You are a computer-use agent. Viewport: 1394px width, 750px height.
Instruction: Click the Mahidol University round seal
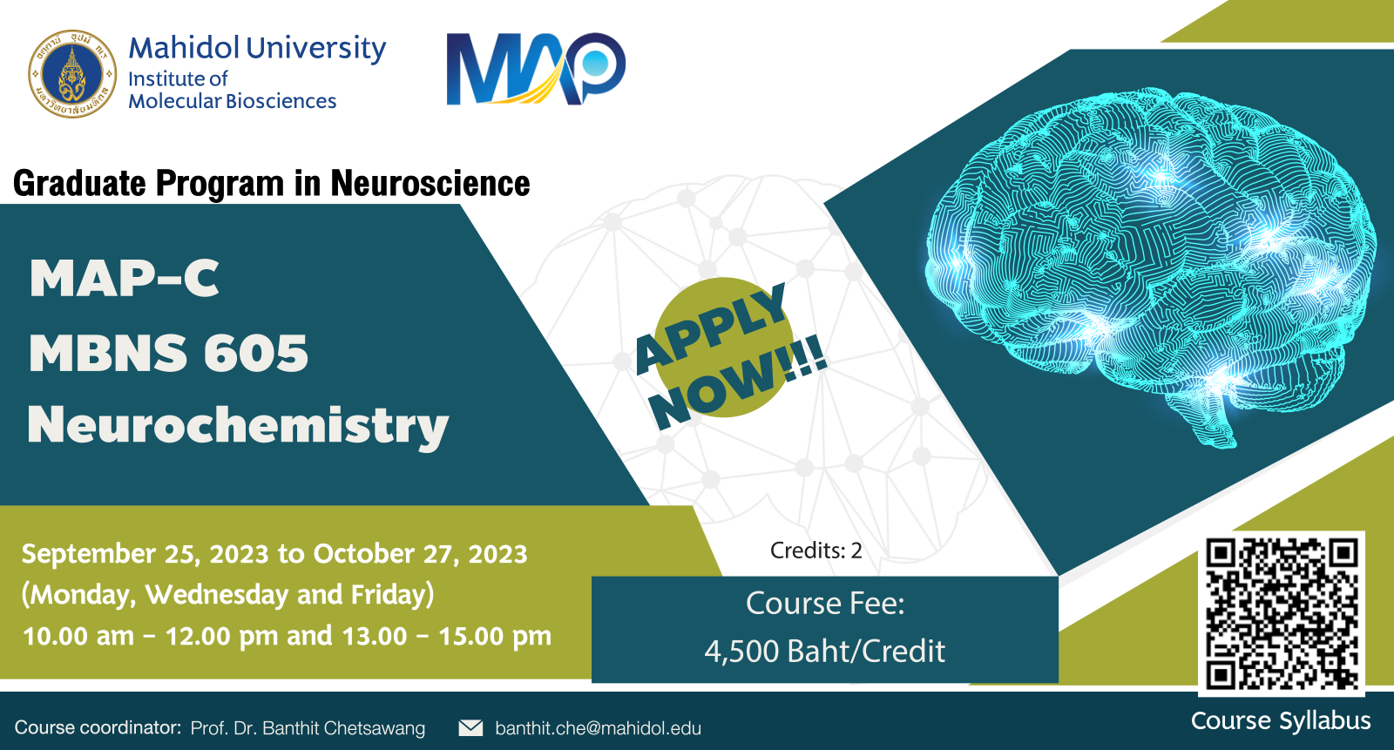tap(72, 73)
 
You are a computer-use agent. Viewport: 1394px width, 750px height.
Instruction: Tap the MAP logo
tap(536, 69)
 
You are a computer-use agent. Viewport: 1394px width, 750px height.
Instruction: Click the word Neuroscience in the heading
tap(430, 184)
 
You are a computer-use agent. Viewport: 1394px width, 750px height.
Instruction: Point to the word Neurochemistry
tap(238, 426)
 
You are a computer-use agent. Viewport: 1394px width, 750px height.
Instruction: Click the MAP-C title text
tap(125, 278)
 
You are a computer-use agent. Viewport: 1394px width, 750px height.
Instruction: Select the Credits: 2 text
tap(815, 551)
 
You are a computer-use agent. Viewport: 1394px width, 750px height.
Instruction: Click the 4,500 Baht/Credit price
tap(824, 651)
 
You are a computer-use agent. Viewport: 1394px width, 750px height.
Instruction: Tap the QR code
tap(1282, 614)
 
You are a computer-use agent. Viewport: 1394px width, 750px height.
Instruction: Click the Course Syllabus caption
tap(1281, 720)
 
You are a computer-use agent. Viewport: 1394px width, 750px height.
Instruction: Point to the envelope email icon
tap(470, 727)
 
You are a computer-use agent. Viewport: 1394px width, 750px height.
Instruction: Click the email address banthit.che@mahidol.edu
tap(598, 728)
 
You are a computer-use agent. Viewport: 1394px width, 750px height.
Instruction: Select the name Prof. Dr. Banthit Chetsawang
tap(308, 728)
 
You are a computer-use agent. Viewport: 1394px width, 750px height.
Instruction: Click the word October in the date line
tap(363, 553)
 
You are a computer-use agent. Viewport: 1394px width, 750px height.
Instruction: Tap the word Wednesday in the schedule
tap(217, 594)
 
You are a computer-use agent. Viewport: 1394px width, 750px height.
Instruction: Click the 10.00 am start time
tap(78, 636)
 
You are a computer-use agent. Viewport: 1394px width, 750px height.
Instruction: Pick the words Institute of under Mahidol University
tap(178, 79)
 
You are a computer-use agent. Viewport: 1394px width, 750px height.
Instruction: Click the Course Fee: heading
tap(824, 603)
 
